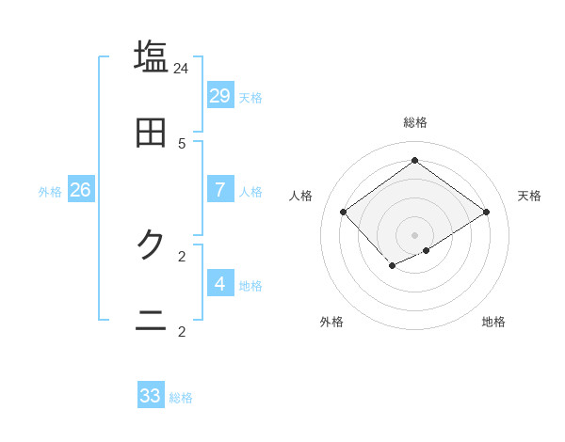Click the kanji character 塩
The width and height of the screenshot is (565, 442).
(152, 55)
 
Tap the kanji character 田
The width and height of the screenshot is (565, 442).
(152, 133)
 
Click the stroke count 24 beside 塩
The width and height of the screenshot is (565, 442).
(182, 69)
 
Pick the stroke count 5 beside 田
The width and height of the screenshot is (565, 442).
(182, 144)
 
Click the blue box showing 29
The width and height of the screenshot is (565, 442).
(220, 96)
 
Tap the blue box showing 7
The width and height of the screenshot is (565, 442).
(220, 190)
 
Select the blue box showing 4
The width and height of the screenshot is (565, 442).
(220, 283)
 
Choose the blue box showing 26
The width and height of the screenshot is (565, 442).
(80, 190)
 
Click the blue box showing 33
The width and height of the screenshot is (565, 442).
(151, 396)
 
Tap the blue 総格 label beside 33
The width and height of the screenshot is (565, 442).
(181, 398)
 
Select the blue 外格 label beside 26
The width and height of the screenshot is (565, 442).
(50, 192)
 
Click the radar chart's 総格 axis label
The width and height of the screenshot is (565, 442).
(415, 122)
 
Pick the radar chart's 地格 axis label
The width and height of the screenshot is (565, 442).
(493, 322)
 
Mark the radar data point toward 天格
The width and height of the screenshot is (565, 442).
(486, 213)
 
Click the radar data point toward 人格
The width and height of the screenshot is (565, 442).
(344, 213)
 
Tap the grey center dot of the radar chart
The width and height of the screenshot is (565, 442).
(415, 235)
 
